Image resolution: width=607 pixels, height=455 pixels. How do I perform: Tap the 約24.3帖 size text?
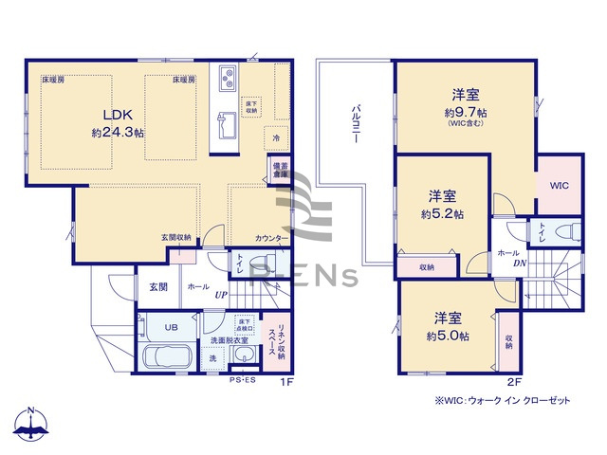point(118,134)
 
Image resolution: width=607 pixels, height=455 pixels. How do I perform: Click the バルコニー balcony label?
point(354,123)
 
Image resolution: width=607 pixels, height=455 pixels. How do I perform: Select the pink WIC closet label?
point(557,186)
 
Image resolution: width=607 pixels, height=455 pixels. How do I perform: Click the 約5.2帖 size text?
point(442,214)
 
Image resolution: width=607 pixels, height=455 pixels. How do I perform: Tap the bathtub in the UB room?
point(168,358)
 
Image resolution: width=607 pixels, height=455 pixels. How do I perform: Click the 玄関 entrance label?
point(157,286)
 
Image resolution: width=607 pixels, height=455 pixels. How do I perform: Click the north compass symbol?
point(31,428)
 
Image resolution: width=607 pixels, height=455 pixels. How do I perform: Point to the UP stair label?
point(220,294)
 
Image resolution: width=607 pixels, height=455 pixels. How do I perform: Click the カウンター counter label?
point(269,238)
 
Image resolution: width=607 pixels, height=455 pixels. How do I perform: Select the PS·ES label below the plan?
point(243,381)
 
